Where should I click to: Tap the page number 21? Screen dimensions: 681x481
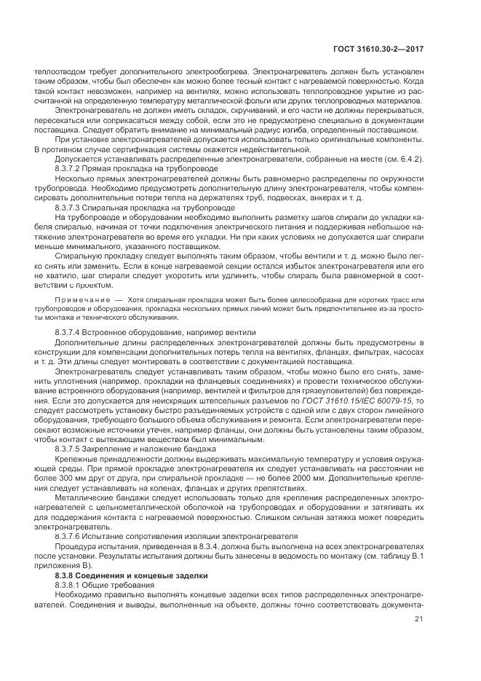(x=418, y=620)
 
